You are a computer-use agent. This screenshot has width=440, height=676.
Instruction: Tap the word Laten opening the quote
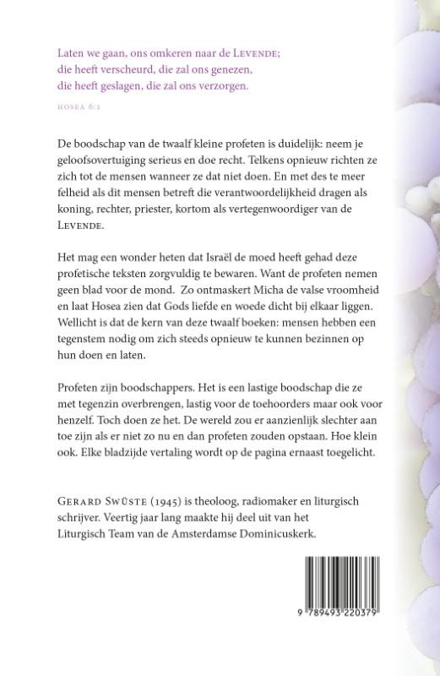tap(71, 52)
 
